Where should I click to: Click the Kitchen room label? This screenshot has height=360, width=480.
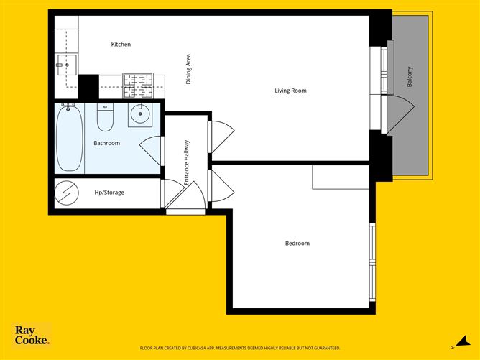click(121, 45)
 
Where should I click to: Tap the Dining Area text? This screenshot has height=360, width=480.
click(188, 69)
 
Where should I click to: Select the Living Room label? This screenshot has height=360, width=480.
click(290, 91)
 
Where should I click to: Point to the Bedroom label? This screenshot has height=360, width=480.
click(297, 244)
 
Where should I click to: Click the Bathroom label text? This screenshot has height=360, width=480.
click(106, 143)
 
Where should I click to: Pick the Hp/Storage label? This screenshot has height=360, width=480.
click(109, 193)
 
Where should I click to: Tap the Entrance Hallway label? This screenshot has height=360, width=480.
click(186, 162)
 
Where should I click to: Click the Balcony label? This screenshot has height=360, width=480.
click(410, 77)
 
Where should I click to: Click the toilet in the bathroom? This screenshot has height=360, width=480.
click(105, 117)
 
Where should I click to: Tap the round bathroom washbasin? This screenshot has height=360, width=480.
click(140, 114)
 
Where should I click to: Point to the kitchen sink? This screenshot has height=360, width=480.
click(67, 65)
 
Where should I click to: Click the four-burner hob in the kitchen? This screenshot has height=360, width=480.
click(138, 86)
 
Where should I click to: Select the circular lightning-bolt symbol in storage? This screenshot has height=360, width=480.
click(67, 193)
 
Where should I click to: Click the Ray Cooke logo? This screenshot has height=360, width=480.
click(32, 335)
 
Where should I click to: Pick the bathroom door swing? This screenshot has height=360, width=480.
click(150, 151)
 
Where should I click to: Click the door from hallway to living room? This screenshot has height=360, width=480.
click(223, 137)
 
